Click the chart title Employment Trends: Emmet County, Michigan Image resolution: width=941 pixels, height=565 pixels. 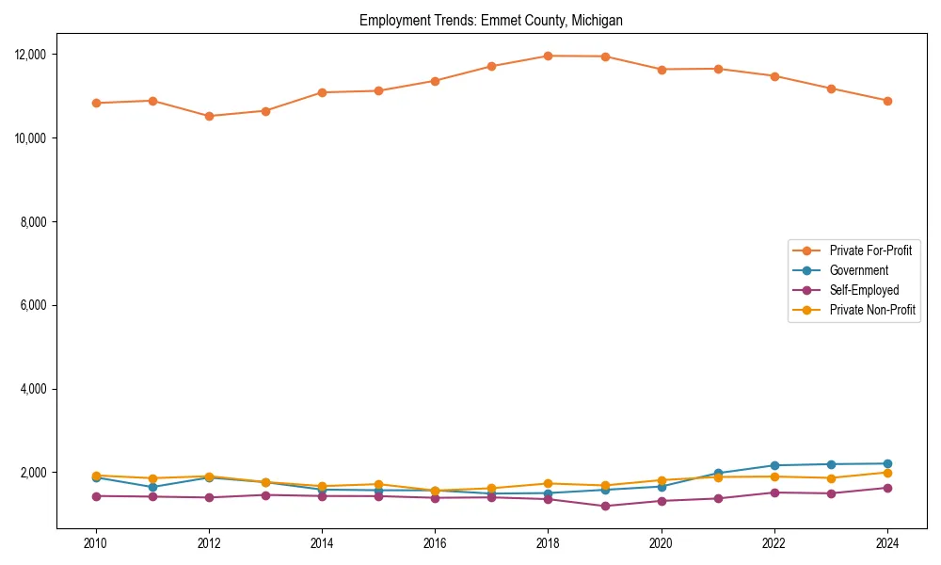(490, 20)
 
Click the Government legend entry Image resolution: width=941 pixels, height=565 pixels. (858, 270)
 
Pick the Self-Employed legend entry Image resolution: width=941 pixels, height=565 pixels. (864, 290)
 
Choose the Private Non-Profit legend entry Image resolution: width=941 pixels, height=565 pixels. (872, 310)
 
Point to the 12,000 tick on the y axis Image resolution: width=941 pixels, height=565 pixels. (32, 55)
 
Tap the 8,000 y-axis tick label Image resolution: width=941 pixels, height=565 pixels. (35, 222)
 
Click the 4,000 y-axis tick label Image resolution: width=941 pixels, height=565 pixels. (35, 389)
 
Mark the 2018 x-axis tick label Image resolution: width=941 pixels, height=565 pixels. (548, 543)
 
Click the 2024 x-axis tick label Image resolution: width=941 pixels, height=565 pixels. (887, 543)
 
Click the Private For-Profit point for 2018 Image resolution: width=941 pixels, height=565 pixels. (548, 56)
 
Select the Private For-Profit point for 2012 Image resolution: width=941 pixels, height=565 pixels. (209, 116)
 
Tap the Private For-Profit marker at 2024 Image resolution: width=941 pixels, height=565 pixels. (887, 101)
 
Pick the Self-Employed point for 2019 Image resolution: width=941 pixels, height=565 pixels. (605, 506)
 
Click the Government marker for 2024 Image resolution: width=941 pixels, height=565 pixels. (887, 463)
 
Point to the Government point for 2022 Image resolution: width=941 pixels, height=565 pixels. (774, 465)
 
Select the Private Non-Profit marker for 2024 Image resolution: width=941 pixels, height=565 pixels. (887, 473)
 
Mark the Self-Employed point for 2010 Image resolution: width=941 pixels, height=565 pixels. (96, 496)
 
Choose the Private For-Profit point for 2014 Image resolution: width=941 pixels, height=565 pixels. (322, 92)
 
